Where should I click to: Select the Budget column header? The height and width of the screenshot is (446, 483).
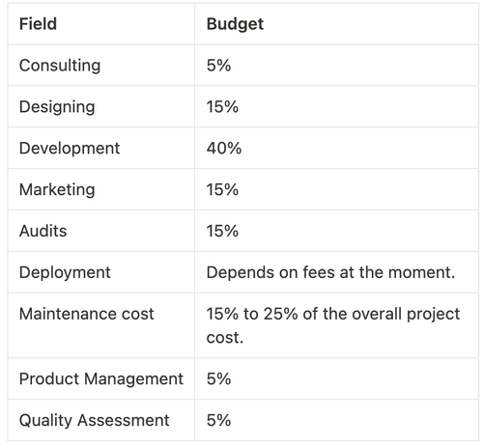235,24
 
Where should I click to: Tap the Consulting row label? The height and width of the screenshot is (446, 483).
59,66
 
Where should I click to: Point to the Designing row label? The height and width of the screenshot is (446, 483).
57,107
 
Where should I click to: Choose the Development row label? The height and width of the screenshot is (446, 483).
70,149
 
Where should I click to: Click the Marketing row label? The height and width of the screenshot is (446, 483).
57,190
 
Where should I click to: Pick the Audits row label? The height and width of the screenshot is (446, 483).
44,232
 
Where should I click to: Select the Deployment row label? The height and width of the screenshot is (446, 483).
65,273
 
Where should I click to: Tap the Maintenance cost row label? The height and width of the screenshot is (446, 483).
86,315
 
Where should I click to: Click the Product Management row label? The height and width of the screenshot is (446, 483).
100,379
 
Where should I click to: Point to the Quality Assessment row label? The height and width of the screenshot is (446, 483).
94,421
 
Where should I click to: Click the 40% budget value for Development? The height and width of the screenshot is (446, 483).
223,149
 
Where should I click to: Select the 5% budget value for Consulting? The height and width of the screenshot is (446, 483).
218,66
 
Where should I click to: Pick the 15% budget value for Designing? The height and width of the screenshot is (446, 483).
222,107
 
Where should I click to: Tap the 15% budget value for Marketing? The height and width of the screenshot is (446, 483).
222,190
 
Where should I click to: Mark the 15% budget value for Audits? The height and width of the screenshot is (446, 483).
222,232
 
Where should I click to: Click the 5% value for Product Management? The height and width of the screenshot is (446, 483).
218,379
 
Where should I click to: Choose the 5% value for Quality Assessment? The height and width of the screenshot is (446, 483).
218,421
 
